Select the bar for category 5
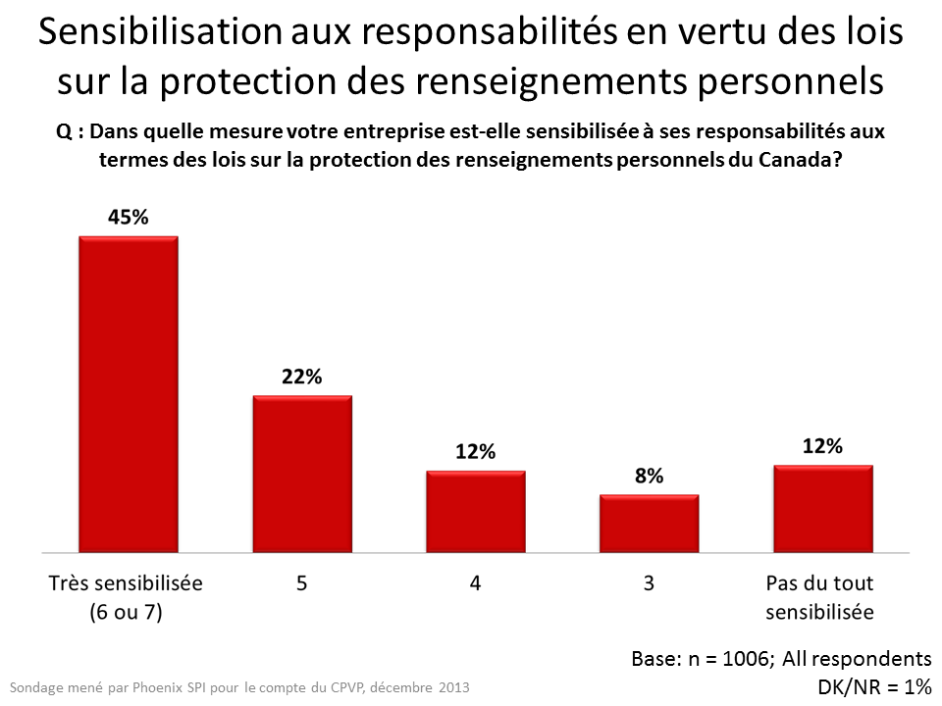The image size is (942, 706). tap(302, 474)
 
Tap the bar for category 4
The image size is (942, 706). tap(475, 511)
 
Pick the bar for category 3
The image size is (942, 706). tap(649, 523)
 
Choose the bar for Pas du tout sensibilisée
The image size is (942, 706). tap(822, 508)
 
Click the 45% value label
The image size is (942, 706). tap(128, 218)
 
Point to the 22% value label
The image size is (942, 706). tap(301, 378)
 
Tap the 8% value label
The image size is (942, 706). tap(649, 477)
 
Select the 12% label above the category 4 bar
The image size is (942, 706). tap(475, 452)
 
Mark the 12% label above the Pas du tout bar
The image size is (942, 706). tap(822, 446)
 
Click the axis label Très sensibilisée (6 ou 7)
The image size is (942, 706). tap(126, 597)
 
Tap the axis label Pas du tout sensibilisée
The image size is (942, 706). tap(819, 597)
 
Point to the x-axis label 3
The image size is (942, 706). tap(649, 583)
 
